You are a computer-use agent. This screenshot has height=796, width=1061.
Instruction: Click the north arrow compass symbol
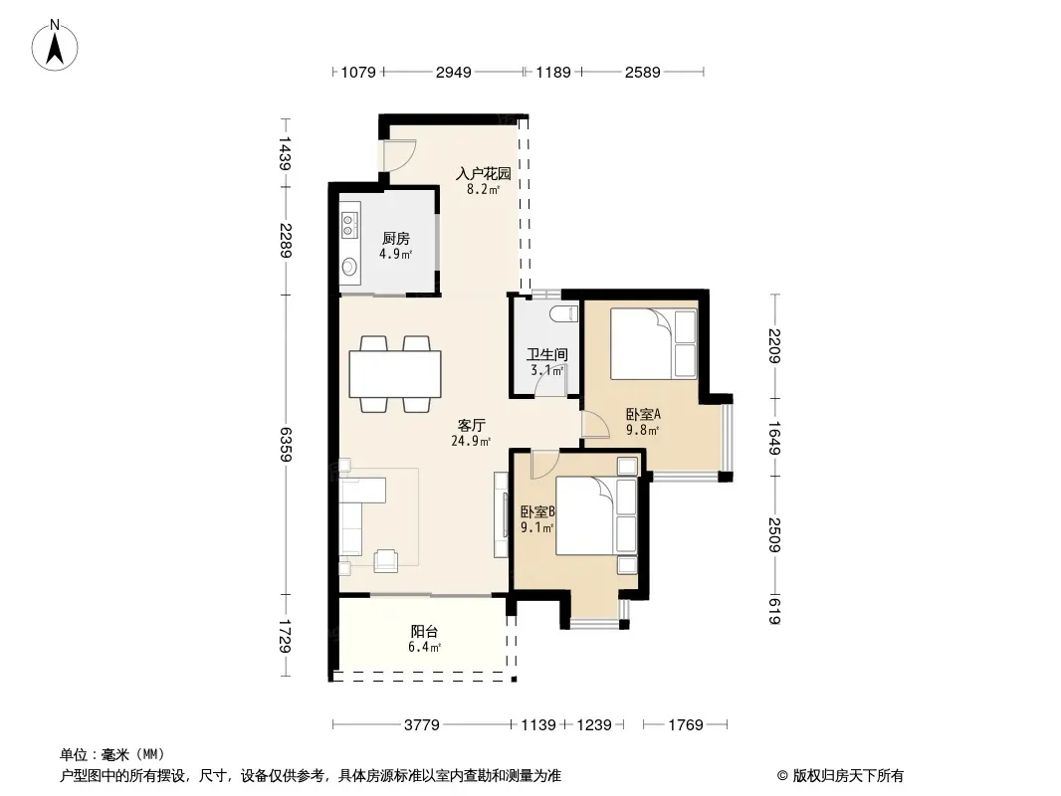click(x=55, y=46)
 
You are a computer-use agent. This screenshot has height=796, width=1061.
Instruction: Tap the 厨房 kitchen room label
click(x=396, y=238)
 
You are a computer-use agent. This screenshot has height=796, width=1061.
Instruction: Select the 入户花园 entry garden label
click(x=483, y=173)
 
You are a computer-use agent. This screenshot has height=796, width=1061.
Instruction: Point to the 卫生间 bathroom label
click(x=546, y=354)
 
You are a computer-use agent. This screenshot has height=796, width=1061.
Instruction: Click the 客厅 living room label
click(x=471, y=426)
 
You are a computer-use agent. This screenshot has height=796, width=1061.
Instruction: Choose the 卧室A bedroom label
click(x=643, y=414)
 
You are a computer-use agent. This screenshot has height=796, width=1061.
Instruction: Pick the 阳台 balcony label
click(x=424, y=631)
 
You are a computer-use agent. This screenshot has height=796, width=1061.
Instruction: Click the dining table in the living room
click(x=395, y=374)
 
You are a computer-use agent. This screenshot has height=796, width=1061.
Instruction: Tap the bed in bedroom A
click(x=654, y=343)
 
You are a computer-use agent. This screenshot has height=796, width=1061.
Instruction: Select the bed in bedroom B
click(x=596, y=516)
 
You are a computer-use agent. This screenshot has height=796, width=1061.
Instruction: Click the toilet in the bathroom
click(x=563, y=313)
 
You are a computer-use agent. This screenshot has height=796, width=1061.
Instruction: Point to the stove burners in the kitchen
click(x=349, y=225)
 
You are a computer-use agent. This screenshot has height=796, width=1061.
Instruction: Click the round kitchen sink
click(x=349, y=267)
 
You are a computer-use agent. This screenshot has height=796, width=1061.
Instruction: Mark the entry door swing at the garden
click(x=399, y=155)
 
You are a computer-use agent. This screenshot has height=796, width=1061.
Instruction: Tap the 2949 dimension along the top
click(x=453, y=72)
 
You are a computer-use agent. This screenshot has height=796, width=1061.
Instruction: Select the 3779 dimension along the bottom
click(x=422, y=725)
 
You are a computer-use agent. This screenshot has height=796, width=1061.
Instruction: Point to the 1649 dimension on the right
click(x=775, y=438)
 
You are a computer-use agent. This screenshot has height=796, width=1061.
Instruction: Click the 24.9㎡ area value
click(x=471, y=442)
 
